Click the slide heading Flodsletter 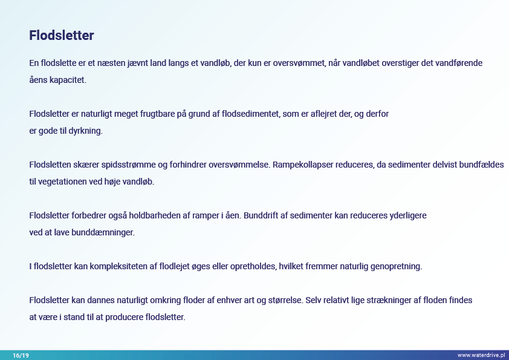61,36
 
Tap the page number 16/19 21,355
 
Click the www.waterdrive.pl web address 481,355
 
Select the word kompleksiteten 118,266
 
